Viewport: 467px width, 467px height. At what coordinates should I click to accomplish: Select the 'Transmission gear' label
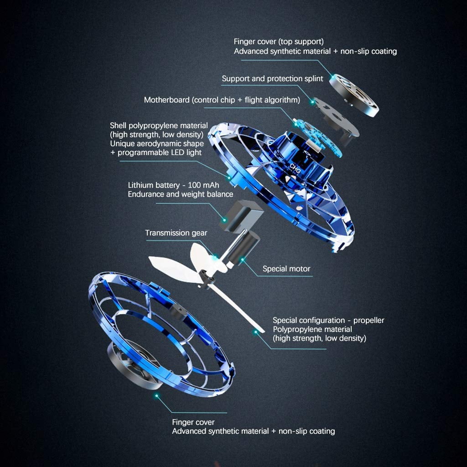click(176, 233)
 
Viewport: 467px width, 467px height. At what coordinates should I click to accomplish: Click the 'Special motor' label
click(286, 269)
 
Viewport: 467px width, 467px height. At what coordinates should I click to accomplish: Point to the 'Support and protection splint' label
click(272, 79)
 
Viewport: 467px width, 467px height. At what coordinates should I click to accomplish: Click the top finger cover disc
click(355, 95)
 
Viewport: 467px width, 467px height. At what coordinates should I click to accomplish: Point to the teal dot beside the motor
click(243, 260)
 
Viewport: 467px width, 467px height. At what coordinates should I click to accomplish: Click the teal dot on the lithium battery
click(224, 220)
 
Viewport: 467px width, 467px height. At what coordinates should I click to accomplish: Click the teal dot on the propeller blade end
click(255, 332)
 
